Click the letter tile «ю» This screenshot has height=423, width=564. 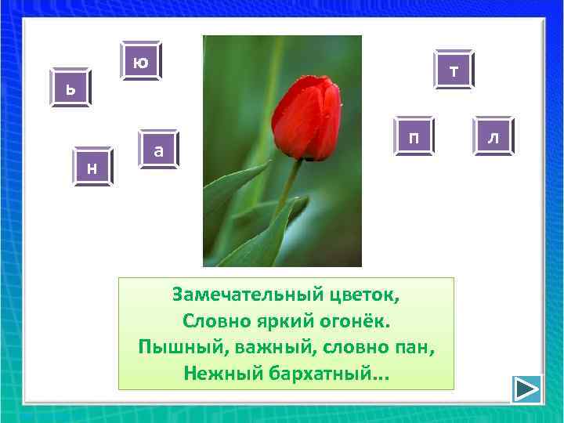141,61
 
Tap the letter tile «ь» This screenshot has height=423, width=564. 70,88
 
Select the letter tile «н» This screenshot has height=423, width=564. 92,167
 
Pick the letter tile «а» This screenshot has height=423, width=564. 158,149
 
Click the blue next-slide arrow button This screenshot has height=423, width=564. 527,389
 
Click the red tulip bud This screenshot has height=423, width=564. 311,117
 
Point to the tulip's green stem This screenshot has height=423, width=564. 289,188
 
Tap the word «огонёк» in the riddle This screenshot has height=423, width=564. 354,320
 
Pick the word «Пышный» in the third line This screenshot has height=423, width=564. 172,346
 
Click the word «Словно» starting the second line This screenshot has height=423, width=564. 212,320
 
